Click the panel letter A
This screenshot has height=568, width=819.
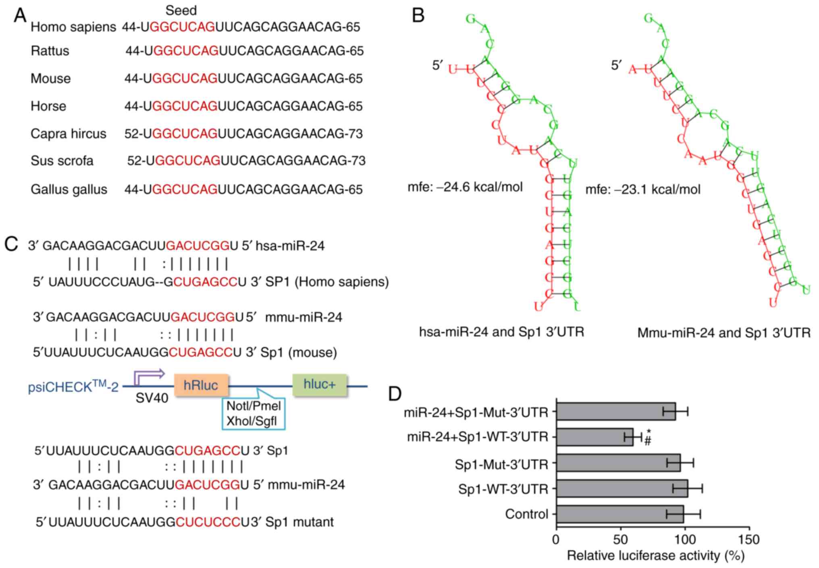point(20,16)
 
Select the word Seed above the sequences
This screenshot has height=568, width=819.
point(181,10)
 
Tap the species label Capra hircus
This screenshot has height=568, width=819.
point(69,134)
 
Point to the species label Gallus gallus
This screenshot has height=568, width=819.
point(69,189)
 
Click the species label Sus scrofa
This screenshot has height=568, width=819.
point(62,161)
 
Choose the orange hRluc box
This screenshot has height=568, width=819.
point(201,385)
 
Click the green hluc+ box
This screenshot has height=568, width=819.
point(320,384)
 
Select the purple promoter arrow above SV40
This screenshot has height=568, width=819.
point(149,376)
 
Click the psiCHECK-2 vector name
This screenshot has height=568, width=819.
point(73,387)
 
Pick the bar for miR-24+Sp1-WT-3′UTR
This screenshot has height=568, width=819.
point(594,437)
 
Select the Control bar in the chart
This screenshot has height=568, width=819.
point(620,514)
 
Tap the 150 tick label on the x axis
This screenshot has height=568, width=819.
point(749,539)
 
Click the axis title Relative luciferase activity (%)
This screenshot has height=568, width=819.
point(655,556)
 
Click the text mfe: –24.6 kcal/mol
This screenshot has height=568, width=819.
point(465,187)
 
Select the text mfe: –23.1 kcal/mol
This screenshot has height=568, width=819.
point(643,189)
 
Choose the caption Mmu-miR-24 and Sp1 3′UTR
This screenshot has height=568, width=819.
point(724,333)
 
